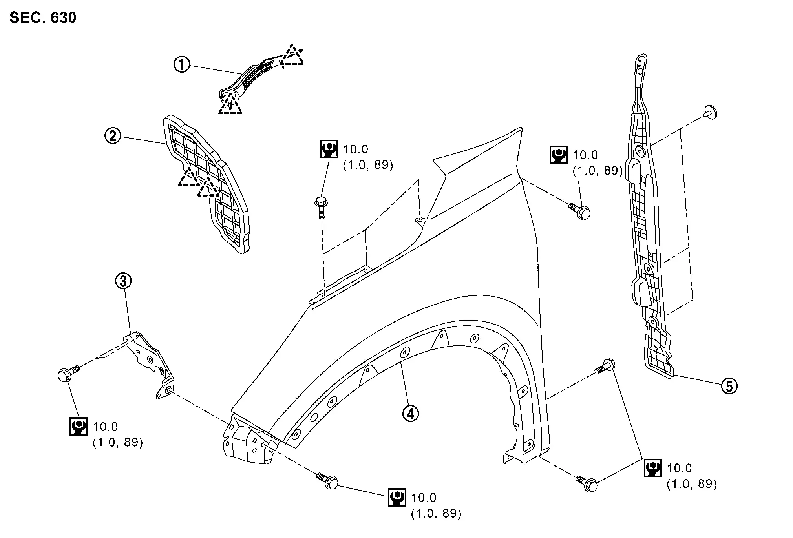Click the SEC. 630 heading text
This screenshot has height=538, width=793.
pos(43,18)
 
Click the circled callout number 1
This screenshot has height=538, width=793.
pos(182,65)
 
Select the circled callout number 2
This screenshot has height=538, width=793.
pos(113,136)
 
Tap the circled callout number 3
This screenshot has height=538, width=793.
pos(123,281)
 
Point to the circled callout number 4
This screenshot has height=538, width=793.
pos(410,413)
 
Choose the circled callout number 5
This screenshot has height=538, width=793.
pos(729,386)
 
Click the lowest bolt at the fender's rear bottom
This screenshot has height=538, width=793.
pos(588,484)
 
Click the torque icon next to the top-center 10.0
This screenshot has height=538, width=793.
pos(329,149)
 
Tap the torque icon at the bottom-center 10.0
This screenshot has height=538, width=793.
pos(396,498)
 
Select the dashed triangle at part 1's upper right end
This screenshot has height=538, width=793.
pos(292,56)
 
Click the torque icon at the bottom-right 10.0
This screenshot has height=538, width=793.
pos(652,468)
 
